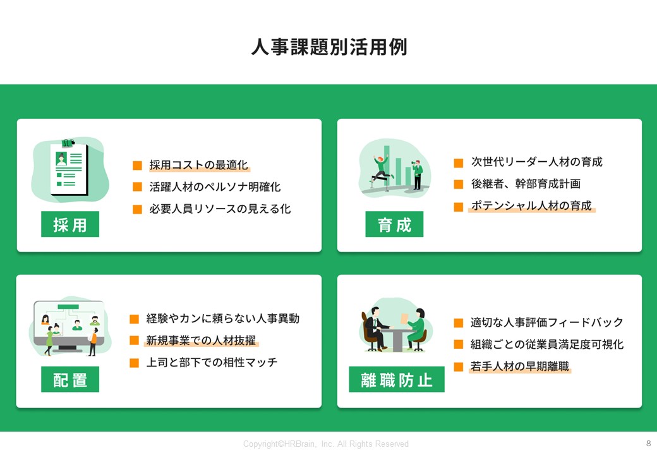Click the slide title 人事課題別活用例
(329, 47)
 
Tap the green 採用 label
(70, 224)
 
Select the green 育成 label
(394, 224)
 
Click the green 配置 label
(70, 379)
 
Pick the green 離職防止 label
(397, 379)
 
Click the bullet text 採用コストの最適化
(198, 165)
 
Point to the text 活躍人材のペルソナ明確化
(215, 187)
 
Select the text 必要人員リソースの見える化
(220, 209)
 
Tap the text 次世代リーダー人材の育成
(537, 162)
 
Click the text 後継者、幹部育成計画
(526, 183)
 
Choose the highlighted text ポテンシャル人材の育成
(531, 205)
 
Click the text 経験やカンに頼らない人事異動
(223, 318)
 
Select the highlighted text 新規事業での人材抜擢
(201, 340)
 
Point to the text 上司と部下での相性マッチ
(212, 362)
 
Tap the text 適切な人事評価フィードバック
(547, 322)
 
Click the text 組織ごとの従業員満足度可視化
(547, 344)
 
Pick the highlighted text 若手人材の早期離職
(519, 366)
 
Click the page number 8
(649, 443)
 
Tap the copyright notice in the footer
(326, 444)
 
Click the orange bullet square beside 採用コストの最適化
(138, 166)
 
